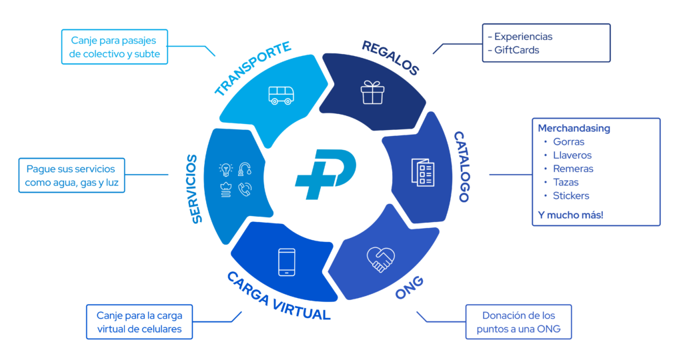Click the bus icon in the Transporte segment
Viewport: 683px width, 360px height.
(280, 95)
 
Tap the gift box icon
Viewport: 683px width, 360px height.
(373, 92)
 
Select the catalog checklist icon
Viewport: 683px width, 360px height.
(422, 173)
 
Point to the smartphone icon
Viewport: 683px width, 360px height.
(287, 262)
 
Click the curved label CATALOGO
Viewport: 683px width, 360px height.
(462, 165)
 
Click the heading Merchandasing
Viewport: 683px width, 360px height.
(574, 128)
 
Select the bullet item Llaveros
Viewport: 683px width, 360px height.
(572, 155)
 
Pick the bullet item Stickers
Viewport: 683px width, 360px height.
(571, 196)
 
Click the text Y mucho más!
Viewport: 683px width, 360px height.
(570, 215)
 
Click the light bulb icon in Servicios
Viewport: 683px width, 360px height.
(225, 169)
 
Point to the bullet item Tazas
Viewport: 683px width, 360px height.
(566, 182)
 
